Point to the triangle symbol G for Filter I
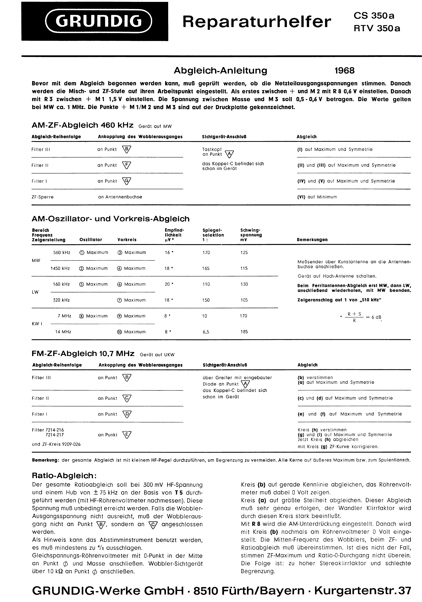tap(127, 181)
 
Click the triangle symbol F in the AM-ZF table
tap(127, 165)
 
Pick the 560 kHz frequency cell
tap(62, 252)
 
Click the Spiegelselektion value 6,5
tap(206, 332)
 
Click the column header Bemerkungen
tap(312, 240)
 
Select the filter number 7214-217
tap(55, 435)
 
